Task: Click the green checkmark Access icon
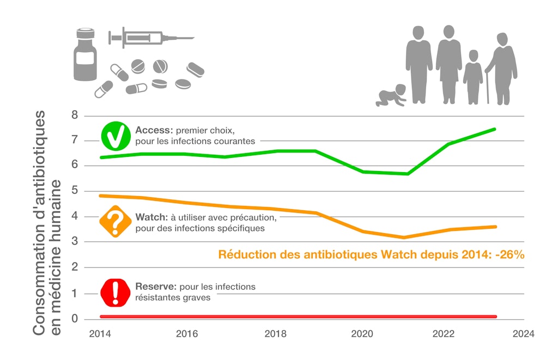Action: (115, 136)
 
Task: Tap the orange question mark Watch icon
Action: (115, 222)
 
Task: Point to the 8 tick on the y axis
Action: (74, 115)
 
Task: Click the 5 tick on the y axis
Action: (74, 191)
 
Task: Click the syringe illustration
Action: (150, 38)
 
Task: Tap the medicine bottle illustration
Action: (85, 56)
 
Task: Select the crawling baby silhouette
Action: (391, 96)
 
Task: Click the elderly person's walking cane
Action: (488, 87)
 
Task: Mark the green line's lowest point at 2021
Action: (407, 174)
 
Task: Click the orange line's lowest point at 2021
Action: (404, 237)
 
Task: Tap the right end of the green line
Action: (494, 129)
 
